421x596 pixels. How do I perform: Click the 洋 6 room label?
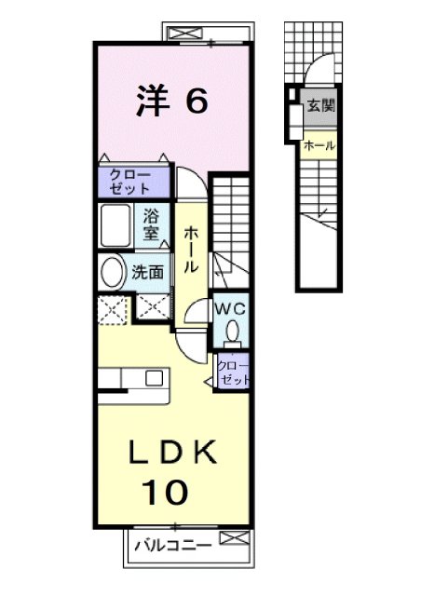(x=170, y=102)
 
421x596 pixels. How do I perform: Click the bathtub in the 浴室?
(x=118, y=224)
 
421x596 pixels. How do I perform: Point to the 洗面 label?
(x=147, y=273)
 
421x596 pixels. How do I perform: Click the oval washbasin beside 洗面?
(x=113, y=274)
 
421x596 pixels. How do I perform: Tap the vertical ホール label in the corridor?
(x=189, y=249)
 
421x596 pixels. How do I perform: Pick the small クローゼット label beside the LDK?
(x=233, y=373)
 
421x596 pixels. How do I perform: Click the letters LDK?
(x=172, y=453)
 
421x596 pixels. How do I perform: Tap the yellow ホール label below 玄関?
(x=317, y=145)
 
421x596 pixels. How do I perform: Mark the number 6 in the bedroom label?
(x=195, y=102)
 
